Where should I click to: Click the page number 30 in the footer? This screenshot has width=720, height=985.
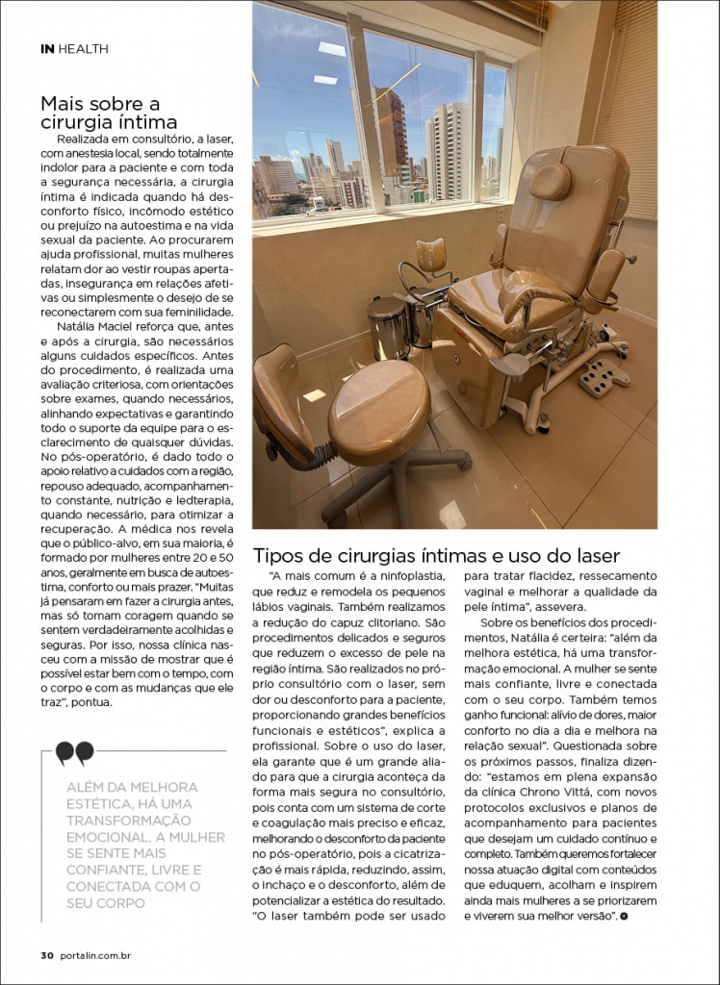(46, 955)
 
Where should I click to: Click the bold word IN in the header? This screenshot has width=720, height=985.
(47, 48)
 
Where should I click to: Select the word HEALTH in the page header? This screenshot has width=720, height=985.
(84, 48)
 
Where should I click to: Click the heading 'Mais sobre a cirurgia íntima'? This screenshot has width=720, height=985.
(109, 112)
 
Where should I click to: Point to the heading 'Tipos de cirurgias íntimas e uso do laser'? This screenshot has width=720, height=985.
(436, 555)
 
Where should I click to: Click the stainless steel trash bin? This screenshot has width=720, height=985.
(388, 326)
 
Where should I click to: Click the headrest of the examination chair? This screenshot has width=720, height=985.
(550, 180)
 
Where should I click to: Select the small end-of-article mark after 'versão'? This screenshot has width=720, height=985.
(624, 917)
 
